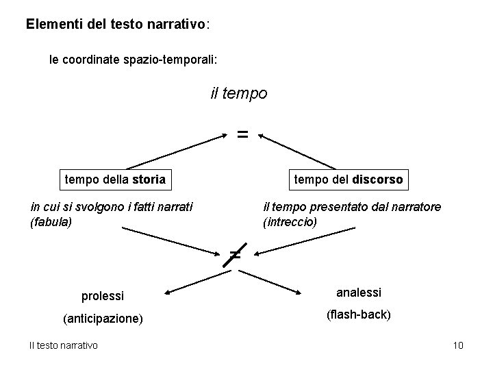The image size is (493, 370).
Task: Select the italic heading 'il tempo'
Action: coord(239,92)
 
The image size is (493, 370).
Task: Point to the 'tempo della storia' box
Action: coord(115,180)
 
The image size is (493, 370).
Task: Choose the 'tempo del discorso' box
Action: coord(349,180)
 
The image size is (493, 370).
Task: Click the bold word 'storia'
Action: coord(149,180)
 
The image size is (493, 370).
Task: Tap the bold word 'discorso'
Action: coord(378,180)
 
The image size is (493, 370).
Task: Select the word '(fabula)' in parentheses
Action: coord(51,222)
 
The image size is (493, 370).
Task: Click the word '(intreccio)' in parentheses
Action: coord(290,222)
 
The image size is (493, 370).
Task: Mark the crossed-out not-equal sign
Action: coord(235,255)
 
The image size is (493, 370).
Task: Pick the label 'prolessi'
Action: coord(103,296)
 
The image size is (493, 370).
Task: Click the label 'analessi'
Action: coord(359,293)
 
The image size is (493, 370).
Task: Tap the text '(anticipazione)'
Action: coord(103,319)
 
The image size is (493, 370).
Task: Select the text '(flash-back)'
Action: coord(359,315)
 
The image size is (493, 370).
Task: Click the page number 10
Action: coord(458,345)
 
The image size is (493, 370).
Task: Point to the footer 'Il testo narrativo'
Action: coord(63,345)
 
